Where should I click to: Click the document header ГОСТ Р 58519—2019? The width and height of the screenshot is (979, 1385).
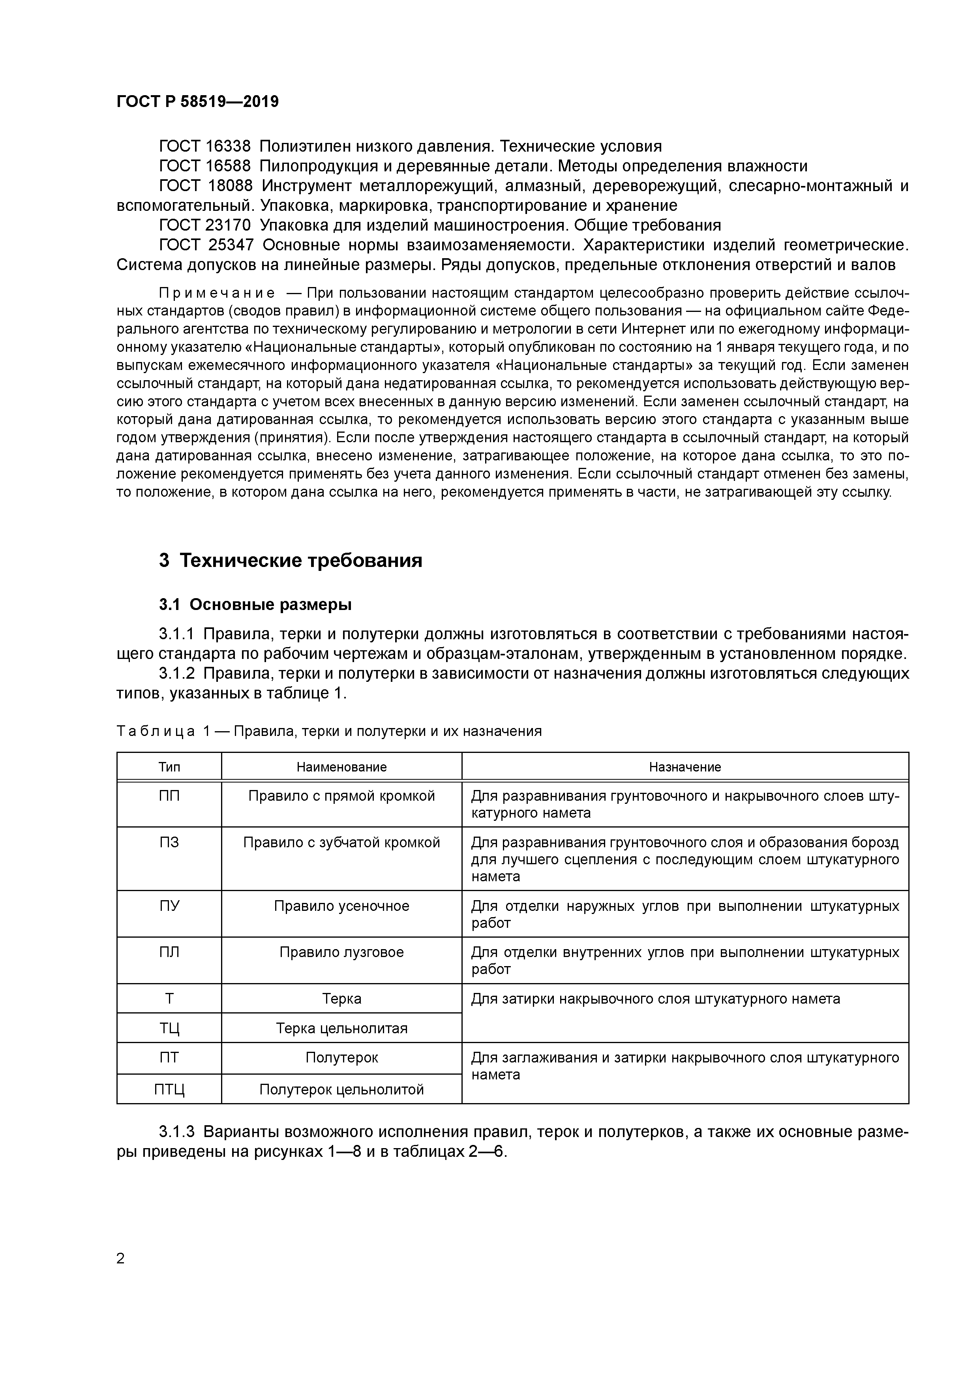point(197,102)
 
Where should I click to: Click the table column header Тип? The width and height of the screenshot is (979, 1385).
point(169,767)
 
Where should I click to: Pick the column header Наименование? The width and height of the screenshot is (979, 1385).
point(341,767)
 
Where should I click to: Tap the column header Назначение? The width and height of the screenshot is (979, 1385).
point(685,767)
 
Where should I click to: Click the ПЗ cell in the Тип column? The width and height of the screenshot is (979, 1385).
point(169,843)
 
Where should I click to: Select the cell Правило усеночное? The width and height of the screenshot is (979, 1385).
point(341,906)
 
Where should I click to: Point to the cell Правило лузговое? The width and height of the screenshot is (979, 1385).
point(341,953)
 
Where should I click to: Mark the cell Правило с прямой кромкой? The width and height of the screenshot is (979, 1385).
point(341,796)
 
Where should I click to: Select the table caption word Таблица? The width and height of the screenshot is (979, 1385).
point(156,732)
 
